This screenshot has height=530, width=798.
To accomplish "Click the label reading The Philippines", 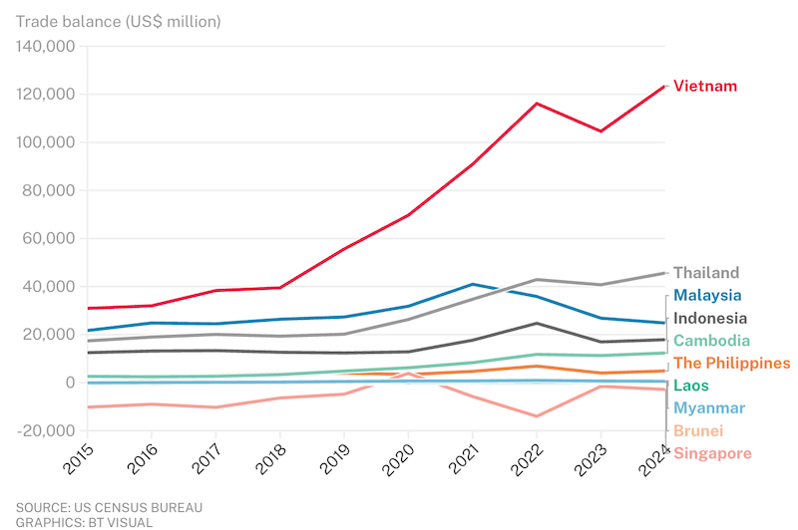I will pos(732,364).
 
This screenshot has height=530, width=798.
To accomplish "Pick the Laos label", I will pos(692,386).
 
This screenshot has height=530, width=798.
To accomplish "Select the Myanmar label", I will pos(709,408).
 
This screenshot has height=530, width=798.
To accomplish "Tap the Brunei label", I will pos(698,431).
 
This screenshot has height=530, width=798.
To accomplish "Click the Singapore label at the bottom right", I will pos(712,454).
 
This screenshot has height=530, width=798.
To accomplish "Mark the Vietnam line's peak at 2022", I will pos(537,104).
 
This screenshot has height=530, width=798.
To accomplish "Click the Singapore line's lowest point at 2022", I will pos(537,416).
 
